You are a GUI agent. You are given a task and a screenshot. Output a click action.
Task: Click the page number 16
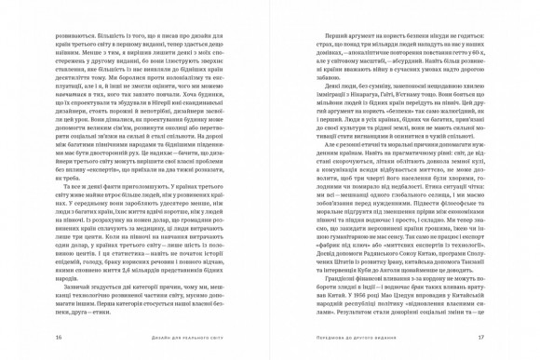coord(60,338)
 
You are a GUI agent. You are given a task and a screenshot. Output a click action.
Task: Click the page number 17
coord(480,338)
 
